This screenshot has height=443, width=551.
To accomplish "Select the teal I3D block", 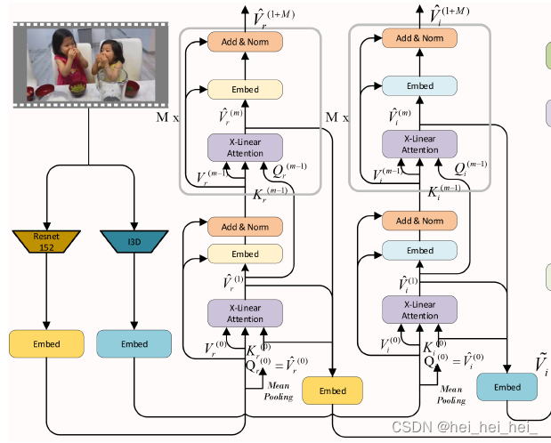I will click(134, 241).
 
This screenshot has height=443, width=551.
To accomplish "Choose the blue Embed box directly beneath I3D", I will click(134, 342).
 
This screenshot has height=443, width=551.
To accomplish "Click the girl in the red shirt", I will click(69, 61).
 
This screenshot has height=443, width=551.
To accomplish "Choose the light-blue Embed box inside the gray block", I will click(419, 86).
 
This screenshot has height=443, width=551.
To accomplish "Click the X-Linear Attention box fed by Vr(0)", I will click(245, 312).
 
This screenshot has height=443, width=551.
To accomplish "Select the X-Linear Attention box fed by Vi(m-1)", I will click(419, 145).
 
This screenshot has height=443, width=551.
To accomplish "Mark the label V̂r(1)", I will click(233, 282).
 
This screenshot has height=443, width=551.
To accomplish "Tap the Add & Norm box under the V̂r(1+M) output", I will click(245, 40).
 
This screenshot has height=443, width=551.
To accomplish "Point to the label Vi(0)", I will click(387, 342).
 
